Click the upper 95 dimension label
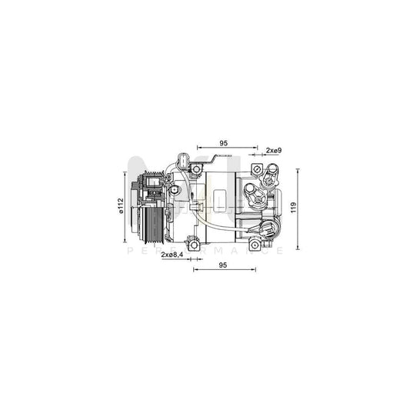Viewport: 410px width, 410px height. click(224, 142)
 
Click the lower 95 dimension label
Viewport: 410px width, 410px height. click(224, 265)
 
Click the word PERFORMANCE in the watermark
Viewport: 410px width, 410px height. click(205, 251)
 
